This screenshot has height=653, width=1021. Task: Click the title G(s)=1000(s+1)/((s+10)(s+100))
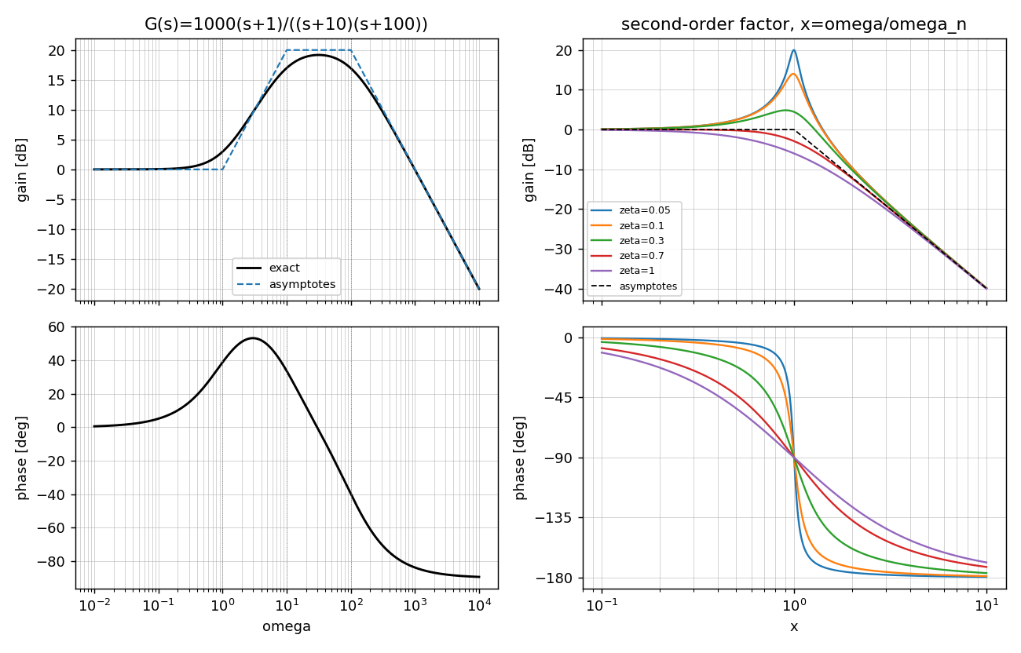[286, 24]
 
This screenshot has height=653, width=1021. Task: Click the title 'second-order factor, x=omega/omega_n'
[793, 24]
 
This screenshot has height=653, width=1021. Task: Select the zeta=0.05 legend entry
[631, 210]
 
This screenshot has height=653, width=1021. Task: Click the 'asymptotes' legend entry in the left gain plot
[286, 284]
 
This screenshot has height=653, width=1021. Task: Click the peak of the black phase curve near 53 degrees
[253, 338]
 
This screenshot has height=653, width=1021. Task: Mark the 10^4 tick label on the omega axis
[479, 604]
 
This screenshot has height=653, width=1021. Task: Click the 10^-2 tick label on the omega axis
[94, 604]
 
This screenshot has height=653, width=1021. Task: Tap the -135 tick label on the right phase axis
[554, 518]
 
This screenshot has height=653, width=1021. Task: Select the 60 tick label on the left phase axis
[57, 327]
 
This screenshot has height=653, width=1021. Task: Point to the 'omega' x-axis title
[286, 626]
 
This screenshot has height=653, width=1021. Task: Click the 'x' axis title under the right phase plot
[794, 627]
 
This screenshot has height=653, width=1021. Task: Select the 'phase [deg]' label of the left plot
[22, 458]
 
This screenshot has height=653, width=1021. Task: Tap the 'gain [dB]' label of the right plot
[529, 170]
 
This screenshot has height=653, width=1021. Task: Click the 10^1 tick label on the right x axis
[986, 604]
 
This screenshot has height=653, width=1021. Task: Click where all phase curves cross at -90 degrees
[794, 458]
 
